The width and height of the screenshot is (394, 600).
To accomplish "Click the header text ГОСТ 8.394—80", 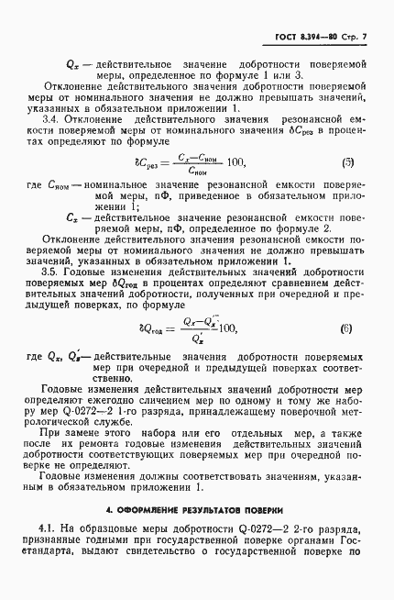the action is [x=306, y=37].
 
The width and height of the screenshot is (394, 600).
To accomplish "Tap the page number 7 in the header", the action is [x=364, y=37].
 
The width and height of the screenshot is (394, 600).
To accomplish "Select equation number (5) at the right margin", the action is [x=348, y=162].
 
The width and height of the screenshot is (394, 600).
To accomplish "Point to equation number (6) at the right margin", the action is [x=348, y=328].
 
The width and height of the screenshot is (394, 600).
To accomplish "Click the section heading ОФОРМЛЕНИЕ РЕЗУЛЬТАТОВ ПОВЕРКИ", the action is [x=194, y=509].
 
